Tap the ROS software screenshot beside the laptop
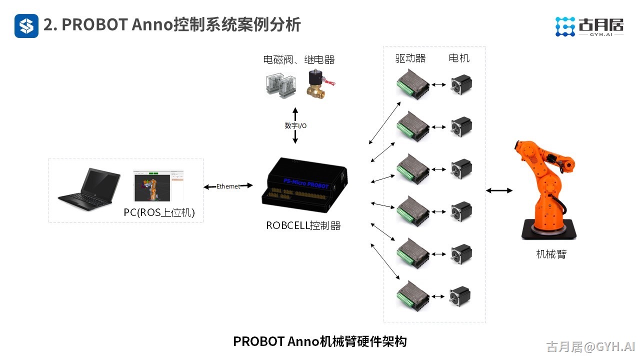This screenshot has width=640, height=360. [x=158, y=185]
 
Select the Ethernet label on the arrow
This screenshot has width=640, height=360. [x=228, y=186]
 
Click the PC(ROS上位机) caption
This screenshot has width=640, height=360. [x=159, y=213]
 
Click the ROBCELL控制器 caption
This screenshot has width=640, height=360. [x=303, y=226]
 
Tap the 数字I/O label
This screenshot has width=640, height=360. [x=295, y=126]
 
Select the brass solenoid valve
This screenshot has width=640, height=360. [x=318, y=84]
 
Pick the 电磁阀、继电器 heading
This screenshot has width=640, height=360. [x=298, y=60]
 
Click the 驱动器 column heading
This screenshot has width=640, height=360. [x=410, y=58]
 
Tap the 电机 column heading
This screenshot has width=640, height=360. [x=459, y=58]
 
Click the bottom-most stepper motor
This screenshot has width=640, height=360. [x=459, y=296]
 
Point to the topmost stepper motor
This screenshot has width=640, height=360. [x=461, y=85]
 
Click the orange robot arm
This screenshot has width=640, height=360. [x=544, y=190]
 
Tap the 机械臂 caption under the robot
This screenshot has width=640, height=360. [x=551, y=254]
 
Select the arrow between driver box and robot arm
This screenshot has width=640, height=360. [x=499, y=190]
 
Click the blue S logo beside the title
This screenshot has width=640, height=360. [x=26, y=25]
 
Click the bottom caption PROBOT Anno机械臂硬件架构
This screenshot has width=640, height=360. [x=319, y=341]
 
